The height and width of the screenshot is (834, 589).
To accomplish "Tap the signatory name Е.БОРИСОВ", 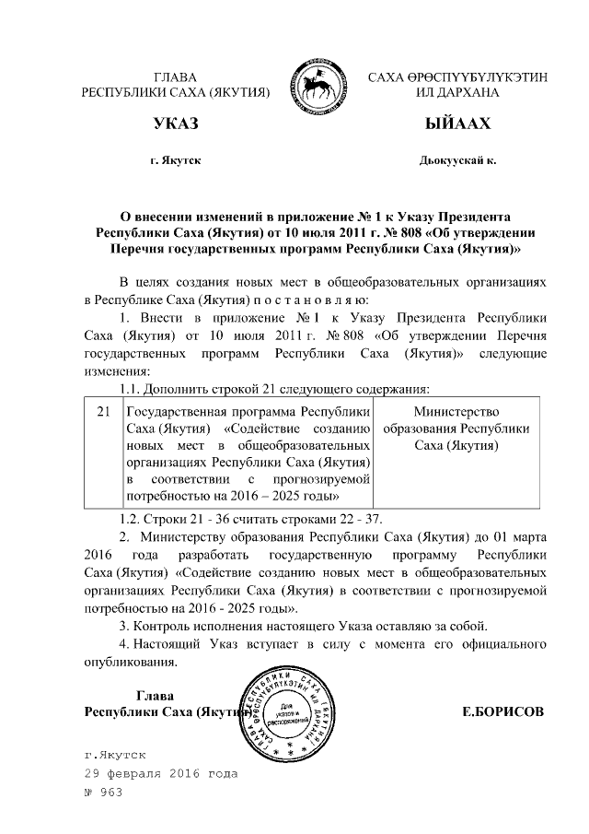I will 502,711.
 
